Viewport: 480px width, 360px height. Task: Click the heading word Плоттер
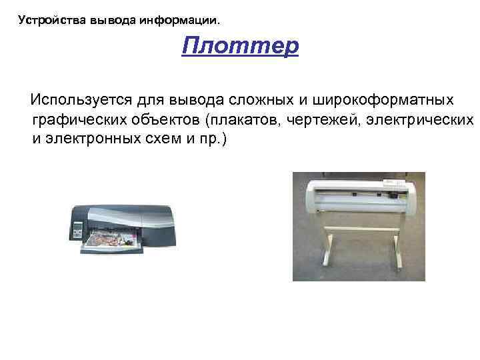(x=240, y=47)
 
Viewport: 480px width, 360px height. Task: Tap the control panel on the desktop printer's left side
(x=78, y=229)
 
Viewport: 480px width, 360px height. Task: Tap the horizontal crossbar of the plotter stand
(x=360, y=230)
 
